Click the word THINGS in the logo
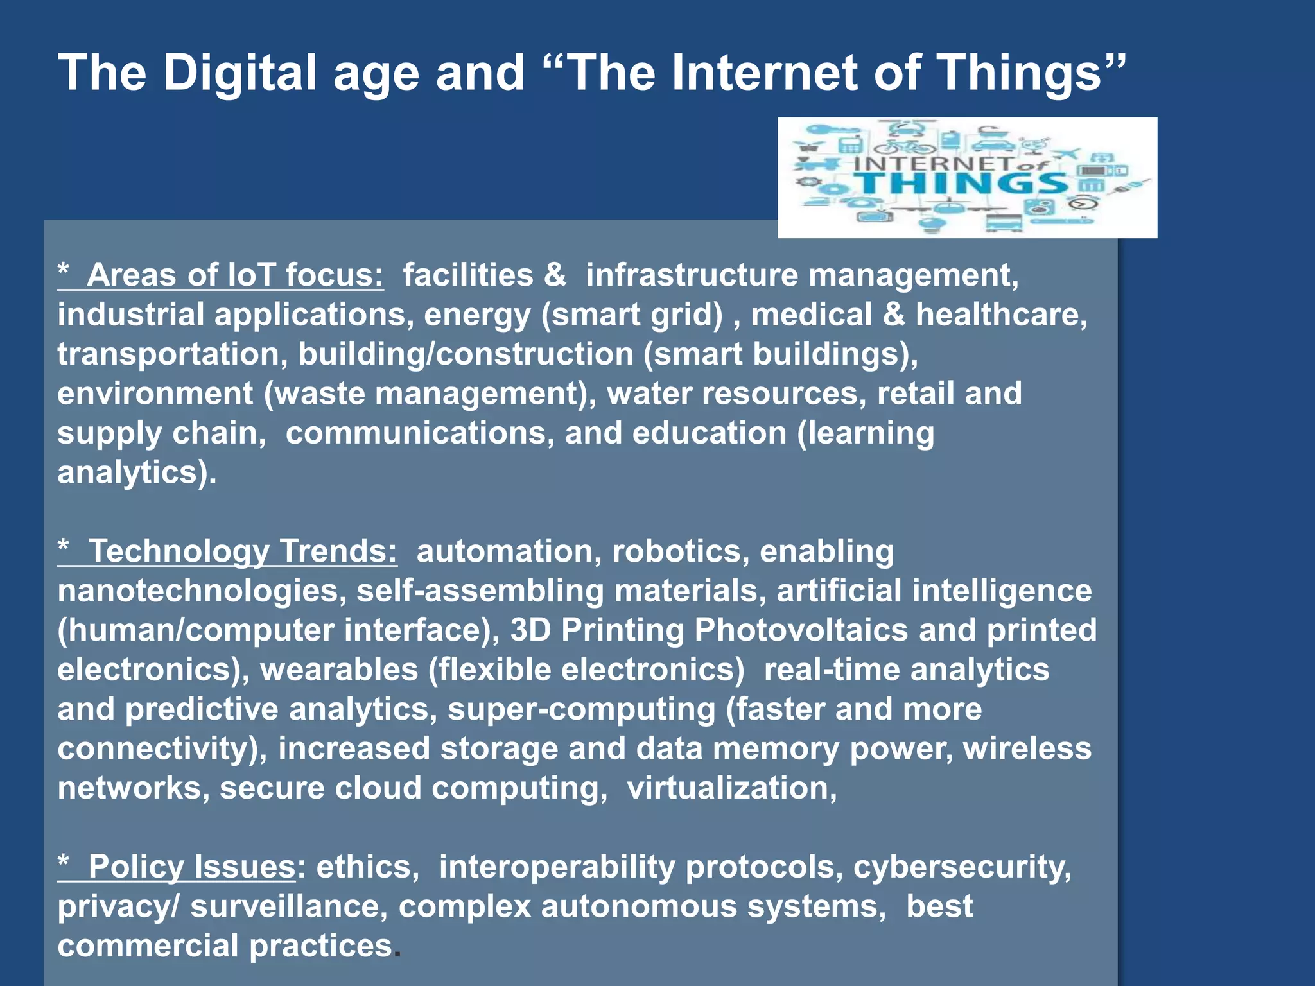tap(961, 184)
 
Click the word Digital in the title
tap(239, 72)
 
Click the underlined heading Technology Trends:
tap(242, 551)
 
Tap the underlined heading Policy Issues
tap(191, 867)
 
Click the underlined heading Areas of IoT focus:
tap(234, 275)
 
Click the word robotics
tap(681, 551)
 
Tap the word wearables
tap(339, 670)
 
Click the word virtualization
tap(731, 788)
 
